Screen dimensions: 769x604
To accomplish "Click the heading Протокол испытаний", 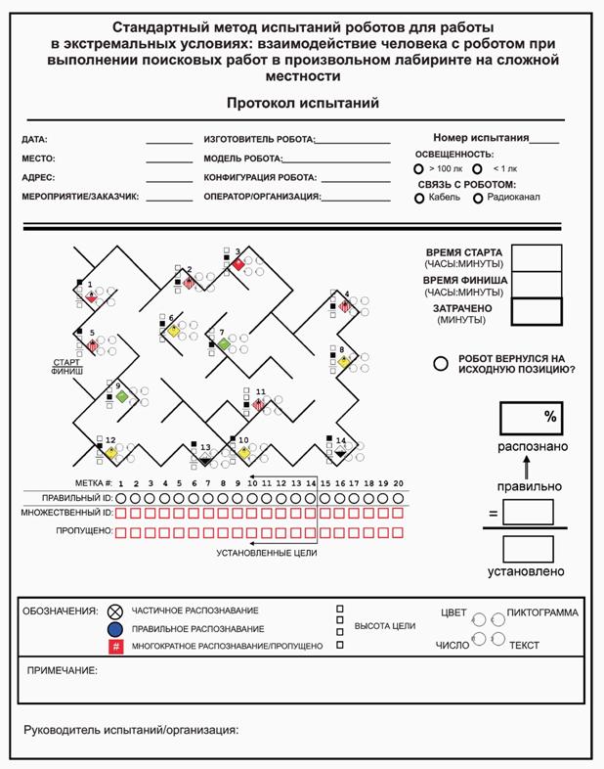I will pos(302,103).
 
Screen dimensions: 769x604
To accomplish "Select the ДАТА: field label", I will pos(34,140).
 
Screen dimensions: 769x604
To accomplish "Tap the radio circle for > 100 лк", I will pos(419,169).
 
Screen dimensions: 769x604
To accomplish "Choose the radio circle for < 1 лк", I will pos(478,169).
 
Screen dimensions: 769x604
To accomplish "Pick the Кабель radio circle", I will pos(419,199).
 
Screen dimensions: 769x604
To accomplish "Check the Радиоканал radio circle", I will pos(478,199).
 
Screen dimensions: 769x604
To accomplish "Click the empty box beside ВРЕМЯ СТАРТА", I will pos(537,257).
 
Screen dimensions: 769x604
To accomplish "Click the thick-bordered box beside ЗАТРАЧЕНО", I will pos(537,311).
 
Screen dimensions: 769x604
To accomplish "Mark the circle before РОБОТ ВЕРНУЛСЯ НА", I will pos(441,363).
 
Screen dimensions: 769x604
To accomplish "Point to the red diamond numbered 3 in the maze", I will pos(237,263).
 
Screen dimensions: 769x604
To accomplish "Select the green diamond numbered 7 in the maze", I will pos(223,344).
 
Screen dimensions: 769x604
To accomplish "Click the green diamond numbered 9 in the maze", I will pos(120,396).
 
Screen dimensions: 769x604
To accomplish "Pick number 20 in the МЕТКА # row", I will pos(398,483).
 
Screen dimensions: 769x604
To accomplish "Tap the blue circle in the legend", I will pos(115,629).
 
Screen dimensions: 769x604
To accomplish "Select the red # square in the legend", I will pos(115,647).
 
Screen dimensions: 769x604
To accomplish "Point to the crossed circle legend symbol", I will pos(115,611).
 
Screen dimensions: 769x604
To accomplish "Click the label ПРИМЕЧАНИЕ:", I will pos(62,670).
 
